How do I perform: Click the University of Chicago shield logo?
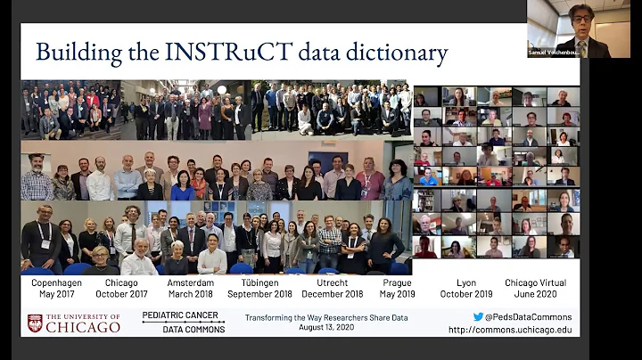pyautogui.click(x=35, y=323)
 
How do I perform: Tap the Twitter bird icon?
pyautogui.click(x=478, y=316)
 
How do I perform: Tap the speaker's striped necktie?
pyautogui.click(x=580, y=46)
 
